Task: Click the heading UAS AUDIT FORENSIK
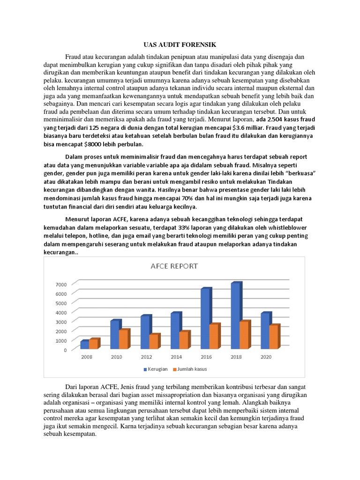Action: pos(180,45)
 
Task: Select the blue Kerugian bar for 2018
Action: pos(236,316)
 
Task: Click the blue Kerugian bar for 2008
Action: pos(84,345)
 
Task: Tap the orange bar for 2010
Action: pos(124,339)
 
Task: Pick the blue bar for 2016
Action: pos(205,319)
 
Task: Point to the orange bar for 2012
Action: pos(154,342)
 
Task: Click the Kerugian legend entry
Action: pos(156,369)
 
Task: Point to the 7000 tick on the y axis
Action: pos(61,284)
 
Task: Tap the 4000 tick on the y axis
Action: pos(61,312)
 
